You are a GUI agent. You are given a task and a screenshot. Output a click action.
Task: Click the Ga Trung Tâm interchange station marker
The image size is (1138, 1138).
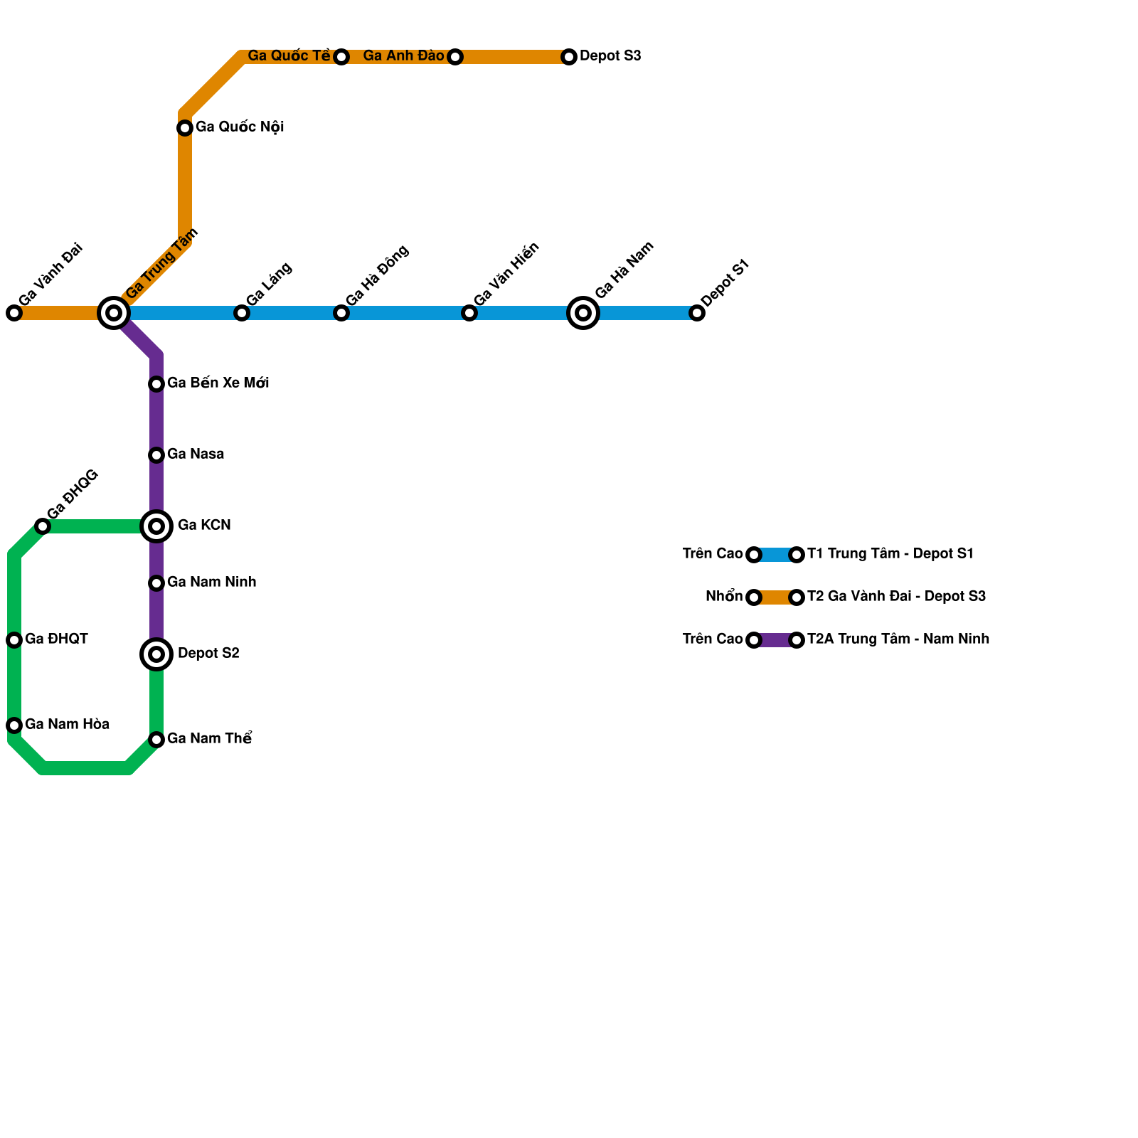pyautogui.click(x=113, y=313)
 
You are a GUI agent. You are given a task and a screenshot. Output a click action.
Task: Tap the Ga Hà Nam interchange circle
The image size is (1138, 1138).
pyautogui.click(x=583, y=313)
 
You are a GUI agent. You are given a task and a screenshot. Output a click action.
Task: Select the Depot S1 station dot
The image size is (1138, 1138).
pyautogui.click(x=697, y=313)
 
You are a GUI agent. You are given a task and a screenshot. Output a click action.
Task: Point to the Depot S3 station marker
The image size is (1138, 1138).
pyautogui.click(x=569, y=57)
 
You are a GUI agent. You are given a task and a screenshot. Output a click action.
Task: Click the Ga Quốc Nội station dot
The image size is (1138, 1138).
pyautogui.click(x=185, y=128)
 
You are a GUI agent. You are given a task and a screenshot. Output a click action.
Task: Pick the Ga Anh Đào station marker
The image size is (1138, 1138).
pyautogui.click(x=455, y=57)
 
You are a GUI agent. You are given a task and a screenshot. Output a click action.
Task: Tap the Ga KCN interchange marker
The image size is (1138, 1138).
pyautogui.click(x=157, y=526)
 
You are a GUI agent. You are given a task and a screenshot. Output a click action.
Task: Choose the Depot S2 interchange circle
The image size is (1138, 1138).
pyautogui.click(x=157, y=654)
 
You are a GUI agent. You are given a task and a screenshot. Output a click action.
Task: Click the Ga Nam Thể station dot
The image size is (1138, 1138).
pyautogui.click(x=157, y=740)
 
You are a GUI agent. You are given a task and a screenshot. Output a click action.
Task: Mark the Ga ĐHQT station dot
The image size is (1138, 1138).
pyautogui.click(x=14, y=640)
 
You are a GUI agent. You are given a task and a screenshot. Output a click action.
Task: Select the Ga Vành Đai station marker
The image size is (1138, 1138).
pyautogui.click(x=14, y=313)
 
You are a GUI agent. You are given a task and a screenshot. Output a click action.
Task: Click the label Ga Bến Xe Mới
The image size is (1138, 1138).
pyautogui.click(x=218, y=383)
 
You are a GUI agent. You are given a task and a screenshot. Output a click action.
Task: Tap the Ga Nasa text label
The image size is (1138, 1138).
pyautogui.click(x=196, y=454)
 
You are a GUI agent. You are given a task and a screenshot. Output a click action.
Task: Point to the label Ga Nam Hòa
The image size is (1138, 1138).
pyautogui.click(x=67, y=725)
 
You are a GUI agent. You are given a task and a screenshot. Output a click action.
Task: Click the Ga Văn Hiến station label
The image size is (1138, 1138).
pyautogui.click(x=506, y=275)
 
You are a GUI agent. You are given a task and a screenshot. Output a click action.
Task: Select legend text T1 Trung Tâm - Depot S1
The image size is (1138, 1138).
pyautogui.click(x=890, y=554)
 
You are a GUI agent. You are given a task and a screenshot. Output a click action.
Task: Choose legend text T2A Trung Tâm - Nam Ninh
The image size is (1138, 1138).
pyautogui.click(x=898, y=639)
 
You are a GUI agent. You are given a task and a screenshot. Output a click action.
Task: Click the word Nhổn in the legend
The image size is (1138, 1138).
pyautogui.click(x=724, y=597)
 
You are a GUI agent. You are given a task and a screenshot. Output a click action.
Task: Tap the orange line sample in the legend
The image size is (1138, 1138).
pyautogui.click(x=775, y=597)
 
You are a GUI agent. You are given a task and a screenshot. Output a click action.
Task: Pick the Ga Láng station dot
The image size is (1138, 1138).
pyautogui.click(x=242, y=313)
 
